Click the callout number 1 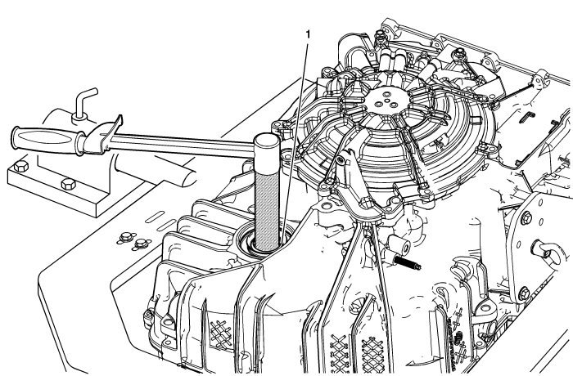click(308, 35)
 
